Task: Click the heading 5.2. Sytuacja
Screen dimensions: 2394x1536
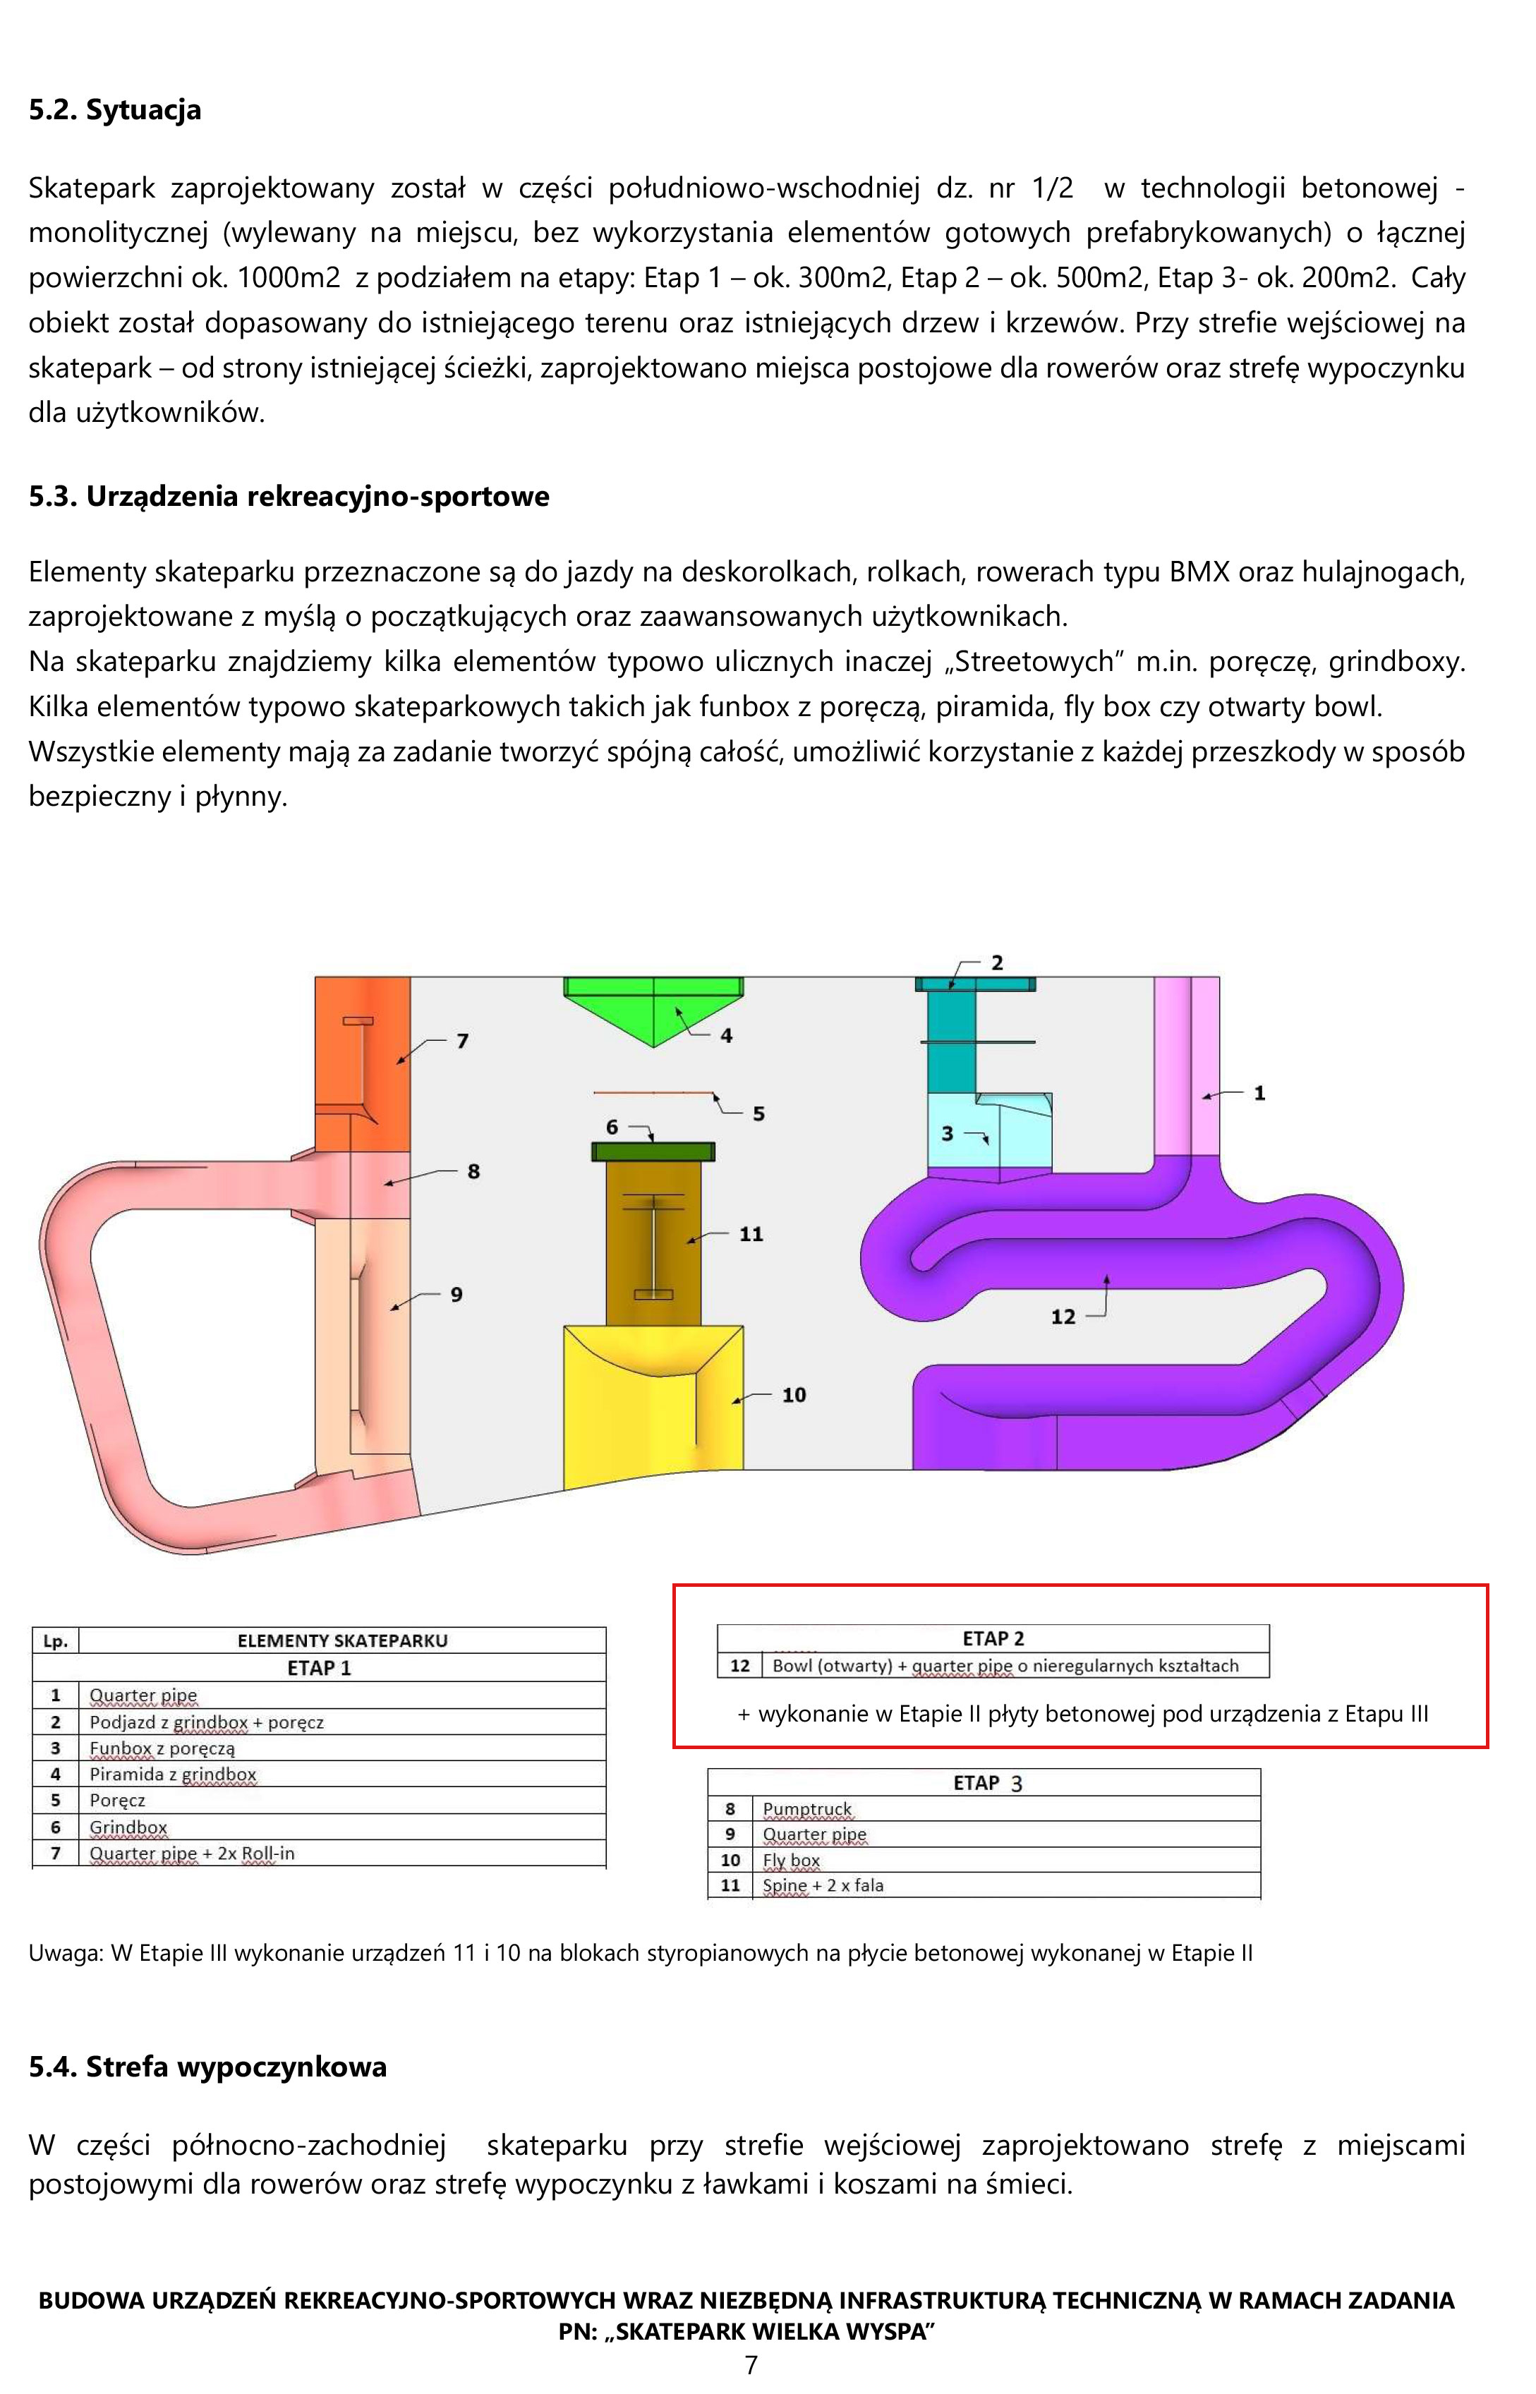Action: (x=115, y=110)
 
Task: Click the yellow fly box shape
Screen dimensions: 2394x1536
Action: (x=653, y=1406)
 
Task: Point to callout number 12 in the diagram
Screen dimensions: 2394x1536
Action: (x=1063, y=1317)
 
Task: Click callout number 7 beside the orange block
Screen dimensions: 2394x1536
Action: (x=463, y=1041)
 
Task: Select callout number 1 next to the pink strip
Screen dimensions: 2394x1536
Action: (x=1259, y=1093)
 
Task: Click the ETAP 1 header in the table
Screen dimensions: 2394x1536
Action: (x=319, y=1668)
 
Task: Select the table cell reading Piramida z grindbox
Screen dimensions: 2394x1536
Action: (x=173, y=1775)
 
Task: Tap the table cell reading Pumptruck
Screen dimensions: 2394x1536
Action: (x=807, y=1810)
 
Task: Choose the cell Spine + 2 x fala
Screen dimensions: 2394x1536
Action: (x=823, y=1885)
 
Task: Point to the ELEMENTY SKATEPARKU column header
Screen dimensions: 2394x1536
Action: (x=342, y=1641)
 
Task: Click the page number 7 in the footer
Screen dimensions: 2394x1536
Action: (x=751, y=2365)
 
